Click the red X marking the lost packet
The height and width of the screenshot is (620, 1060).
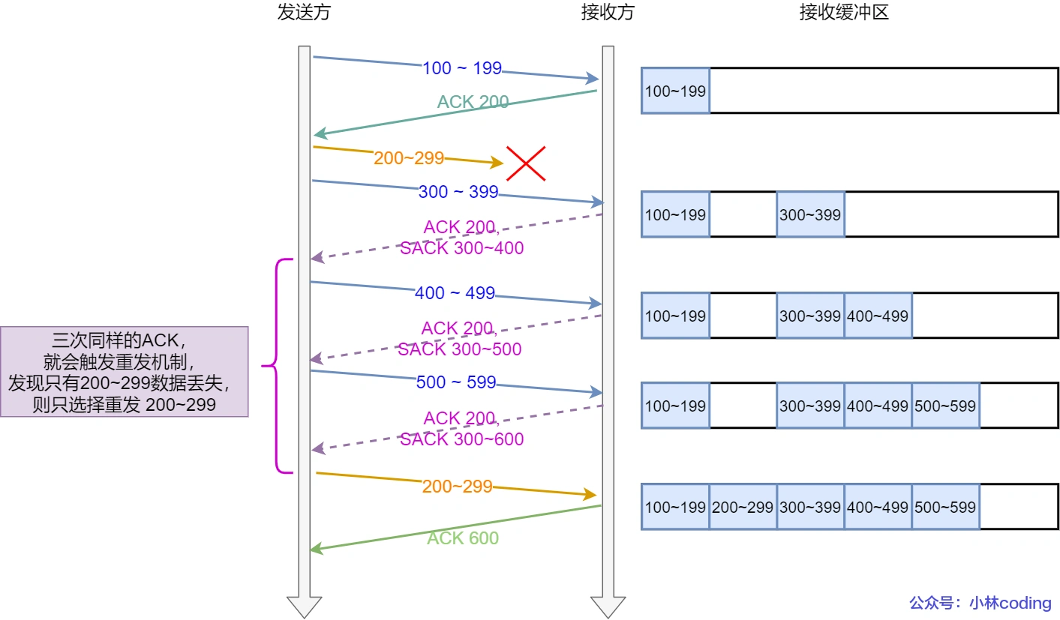(525, 163)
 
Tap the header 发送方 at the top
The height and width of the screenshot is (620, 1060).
(304, 13)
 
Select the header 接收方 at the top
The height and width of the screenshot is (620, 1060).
(608, 13)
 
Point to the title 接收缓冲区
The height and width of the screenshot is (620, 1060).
(844, 13)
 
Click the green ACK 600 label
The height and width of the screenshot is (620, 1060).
(463, 538)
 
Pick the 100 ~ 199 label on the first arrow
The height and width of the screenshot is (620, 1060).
(462, 68)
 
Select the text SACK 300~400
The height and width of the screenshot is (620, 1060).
(461, 248)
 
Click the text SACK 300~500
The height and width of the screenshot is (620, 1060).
(459, 349)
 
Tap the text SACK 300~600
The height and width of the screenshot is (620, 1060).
(461, 439)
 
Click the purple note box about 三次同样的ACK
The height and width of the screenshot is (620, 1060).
(125, 372)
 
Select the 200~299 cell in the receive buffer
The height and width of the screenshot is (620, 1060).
(743, 507)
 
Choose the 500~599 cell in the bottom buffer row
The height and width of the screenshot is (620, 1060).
(945, 507)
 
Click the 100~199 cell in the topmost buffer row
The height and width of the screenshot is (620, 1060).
(675, 91)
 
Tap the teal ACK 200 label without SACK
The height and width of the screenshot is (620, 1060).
(473, 102)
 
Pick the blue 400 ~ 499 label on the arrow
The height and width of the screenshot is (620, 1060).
(455, 293)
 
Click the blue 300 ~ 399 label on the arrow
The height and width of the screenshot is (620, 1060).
(458, 192)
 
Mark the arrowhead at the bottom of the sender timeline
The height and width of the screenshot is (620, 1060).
(304, 606)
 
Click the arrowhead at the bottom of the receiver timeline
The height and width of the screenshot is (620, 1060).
(608, 606)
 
